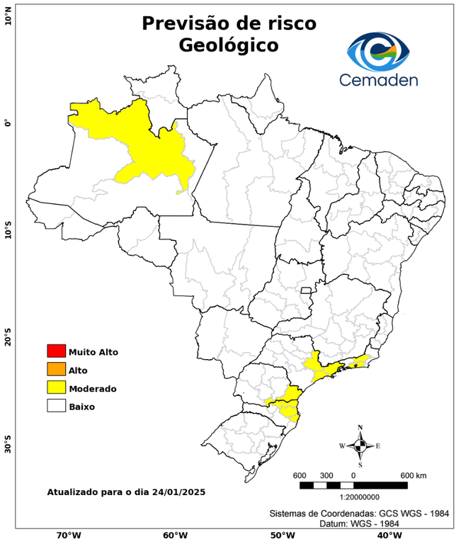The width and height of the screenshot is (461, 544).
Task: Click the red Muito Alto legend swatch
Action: (56, 351)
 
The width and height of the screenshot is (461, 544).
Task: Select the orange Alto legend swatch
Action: (56, 369)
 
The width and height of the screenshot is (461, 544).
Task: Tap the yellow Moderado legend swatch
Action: (56, 387)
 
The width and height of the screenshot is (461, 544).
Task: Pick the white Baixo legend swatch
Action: (56, 406)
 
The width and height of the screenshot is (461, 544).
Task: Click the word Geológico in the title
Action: (229, 45)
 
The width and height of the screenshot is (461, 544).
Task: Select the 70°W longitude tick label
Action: (69, 535)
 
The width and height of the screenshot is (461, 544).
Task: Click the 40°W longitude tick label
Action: (388, 535)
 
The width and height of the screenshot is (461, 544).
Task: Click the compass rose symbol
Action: (360, 446)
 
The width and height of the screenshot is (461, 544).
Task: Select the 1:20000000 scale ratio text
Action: (353, 497)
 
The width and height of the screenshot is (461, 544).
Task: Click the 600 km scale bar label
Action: (413, 475)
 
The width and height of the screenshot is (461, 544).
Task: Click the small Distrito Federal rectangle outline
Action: (307, 290)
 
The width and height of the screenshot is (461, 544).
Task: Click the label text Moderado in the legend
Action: (93, 388)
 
